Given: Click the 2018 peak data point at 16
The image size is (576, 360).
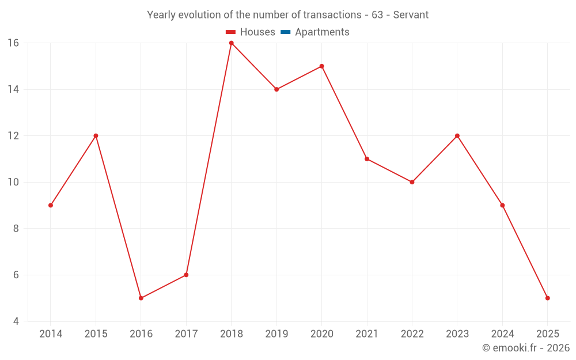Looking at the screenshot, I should click(232, 43).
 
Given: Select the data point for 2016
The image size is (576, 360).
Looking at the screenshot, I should click(141, 298).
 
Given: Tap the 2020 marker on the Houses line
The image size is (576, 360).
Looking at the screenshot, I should click(321, 66).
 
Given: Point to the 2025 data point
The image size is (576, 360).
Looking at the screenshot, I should click(547, 298).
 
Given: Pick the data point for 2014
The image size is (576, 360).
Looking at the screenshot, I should click(51, 205).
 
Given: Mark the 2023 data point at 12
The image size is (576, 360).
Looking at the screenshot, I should click(457, 136).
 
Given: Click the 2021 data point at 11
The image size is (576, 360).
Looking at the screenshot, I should click(367, 159).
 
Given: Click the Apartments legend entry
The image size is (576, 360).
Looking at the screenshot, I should click(322, 32).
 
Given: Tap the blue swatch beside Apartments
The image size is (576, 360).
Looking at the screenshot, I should click(286, 32).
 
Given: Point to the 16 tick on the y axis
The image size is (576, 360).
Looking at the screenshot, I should click(13, 43).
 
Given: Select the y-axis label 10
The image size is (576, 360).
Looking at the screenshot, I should click(13, 182).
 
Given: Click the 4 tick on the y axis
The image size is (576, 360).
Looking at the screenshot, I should click(16, 321).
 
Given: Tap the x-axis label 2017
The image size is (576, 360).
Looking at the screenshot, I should click(186, 334).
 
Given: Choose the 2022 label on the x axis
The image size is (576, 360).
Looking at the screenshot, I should click(412, 334).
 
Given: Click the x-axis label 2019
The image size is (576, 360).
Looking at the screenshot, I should click(276, 334).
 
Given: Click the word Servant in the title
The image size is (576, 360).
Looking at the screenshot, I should click(411, 15).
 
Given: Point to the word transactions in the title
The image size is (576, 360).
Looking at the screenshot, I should click(334, 15).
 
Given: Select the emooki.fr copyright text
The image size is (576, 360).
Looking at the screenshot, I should click(526, 348).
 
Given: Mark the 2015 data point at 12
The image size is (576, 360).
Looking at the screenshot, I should click(96, 136).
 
